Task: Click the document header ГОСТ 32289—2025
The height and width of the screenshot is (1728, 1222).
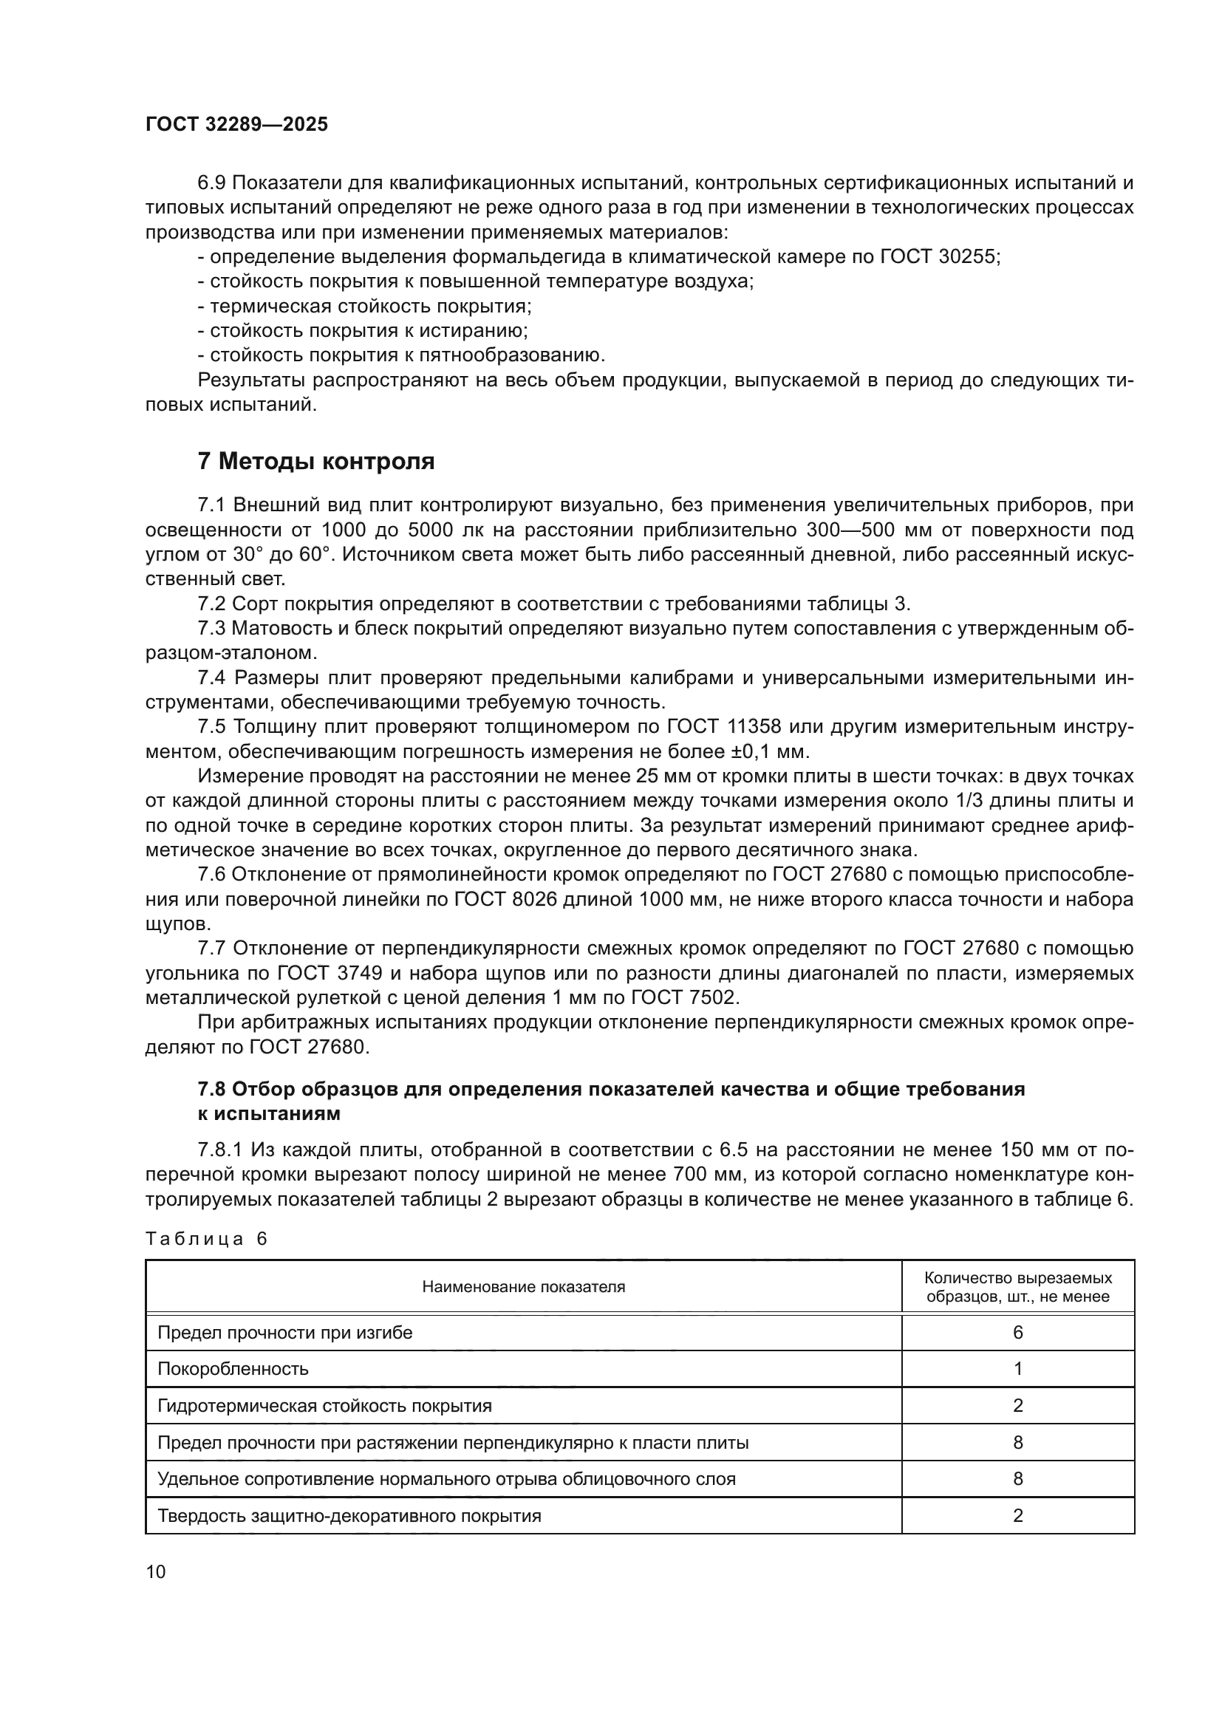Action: click(x=236, y=125)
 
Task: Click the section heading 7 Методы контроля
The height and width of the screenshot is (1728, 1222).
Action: click(x=316, y=461)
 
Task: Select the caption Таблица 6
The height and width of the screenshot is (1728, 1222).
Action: click(x=206, y=1239)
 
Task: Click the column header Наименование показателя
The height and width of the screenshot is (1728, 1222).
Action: click(x=523, y=1287)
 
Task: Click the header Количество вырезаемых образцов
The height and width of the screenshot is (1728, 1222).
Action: click(x=1017, y=1287)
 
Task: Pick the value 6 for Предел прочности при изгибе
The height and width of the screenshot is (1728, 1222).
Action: click(x=1017, y=1333)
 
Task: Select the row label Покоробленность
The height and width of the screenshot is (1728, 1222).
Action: click(x=233, y=1369)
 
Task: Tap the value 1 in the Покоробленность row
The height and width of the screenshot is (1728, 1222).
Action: click(x=1017, y=1369)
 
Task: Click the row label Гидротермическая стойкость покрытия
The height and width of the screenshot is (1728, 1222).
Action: click(x=324, y=1406)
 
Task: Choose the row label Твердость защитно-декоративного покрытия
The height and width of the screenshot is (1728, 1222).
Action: click(x=349, y=1516)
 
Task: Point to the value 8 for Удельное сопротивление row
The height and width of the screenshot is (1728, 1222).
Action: click(x=1017, y=1479)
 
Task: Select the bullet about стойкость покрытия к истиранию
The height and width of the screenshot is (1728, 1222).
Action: click(x=363, y=331)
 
